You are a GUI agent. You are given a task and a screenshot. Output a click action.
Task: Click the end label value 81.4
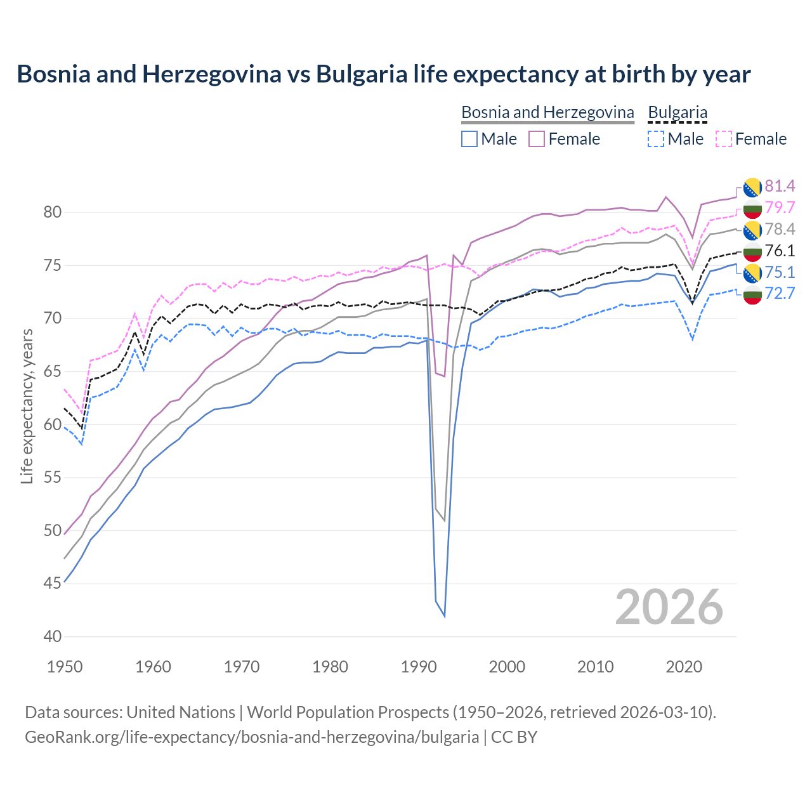(779, 186)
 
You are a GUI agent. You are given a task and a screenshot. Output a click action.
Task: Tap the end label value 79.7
(779, 207)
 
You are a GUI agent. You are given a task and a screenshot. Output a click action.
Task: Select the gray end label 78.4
(779, 229)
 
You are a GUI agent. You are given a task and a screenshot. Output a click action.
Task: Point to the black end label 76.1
(779, 251)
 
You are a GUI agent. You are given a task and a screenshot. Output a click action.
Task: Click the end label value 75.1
(779, 272)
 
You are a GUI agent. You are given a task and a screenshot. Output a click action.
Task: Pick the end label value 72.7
(779, 293)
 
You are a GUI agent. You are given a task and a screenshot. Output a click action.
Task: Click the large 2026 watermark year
(669, 607)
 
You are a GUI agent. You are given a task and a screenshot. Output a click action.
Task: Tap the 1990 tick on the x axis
(419, 667)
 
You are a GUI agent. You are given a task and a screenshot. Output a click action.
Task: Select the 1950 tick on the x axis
(65, 667)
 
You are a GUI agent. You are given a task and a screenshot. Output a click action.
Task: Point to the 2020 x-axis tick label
(684, 667)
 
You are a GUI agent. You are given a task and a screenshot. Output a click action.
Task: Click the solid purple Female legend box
(537, 139)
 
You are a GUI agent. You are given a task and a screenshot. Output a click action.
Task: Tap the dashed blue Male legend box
(656, 139)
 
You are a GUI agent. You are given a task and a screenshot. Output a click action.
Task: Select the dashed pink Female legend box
(723, 139)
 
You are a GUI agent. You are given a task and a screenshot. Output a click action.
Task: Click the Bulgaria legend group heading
(677, 112)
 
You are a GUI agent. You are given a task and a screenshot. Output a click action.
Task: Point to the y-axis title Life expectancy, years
(27, 406)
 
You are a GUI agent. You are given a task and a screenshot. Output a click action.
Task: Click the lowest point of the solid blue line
(444, 616)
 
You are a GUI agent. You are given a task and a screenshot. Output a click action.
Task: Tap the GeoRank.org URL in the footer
(252, 737)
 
